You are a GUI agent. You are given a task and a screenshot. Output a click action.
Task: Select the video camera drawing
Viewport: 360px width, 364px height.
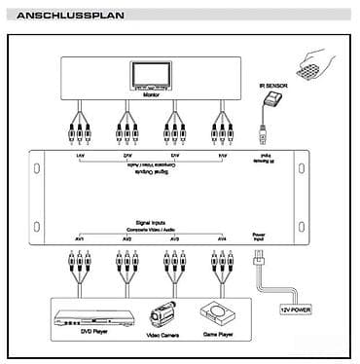point(162,313)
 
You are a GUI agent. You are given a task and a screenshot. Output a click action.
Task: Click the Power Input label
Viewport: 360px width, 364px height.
point(259,236)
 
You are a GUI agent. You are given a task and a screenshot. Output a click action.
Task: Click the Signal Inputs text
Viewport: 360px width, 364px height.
point(150,223)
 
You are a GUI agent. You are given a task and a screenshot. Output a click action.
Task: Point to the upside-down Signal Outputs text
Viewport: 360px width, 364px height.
point(150,175)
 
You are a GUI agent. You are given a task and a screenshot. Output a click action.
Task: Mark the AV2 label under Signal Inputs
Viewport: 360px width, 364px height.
point(126,238)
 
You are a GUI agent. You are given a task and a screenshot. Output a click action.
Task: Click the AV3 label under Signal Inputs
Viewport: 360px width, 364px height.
point(175,238)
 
